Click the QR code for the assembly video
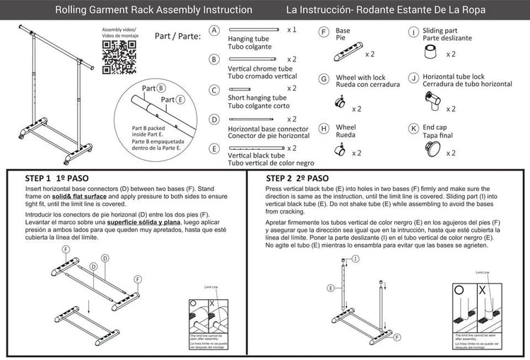click(x=119, y=57)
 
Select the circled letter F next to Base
click(x=323, y=32)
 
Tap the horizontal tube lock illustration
click(x=430, y=100)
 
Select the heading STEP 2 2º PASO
click(x=297, y=178)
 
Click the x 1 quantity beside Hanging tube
click(x=292, y=30)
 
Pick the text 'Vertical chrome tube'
click(x=257, y=69)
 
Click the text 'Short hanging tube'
click(x=257, y=98)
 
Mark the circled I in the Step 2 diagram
click(x=355, y=260)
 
